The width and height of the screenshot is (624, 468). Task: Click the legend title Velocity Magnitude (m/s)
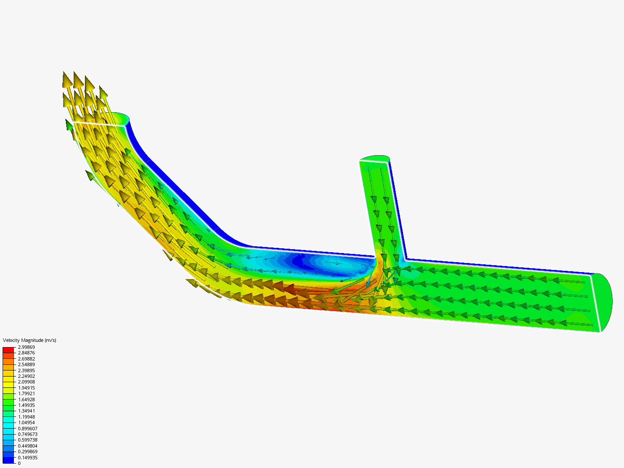[29, 340]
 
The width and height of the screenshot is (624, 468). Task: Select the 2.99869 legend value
[26, 347]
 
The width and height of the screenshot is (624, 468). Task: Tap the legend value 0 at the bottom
[19, 463]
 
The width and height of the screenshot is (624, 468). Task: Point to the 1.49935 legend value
[26, 405]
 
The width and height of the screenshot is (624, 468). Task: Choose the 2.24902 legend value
[26, 376]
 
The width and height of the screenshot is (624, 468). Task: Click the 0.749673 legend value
[27, 434]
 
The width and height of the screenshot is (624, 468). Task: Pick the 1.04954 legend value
[26, 422]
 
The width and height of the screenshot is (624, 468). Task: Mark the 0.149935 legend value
[27, 458]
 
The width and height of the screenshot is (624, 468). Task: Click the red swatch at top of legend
[8, 350]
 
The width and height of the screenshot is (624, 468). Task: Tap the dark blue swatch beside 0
[8, 460]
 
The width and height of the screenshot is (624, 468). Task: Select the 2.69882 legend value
[26, 359]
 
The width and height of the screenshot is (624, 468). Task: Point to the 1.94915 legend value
[26, 388]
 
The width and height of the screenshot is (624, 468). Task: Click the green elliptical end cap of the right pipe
[605, 301]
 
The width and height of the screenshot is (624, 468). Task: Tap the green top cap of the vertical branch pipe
[375, 158]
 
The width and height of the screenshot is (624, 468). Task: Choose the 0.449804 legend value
[27, 446]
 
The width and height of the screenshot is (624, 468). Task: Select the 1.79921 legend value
[26, 393]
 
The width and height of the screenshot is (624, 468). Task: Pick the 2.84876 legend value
[26, 353]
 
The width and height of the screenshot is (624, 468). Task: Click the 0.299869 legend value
[27, 452]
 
